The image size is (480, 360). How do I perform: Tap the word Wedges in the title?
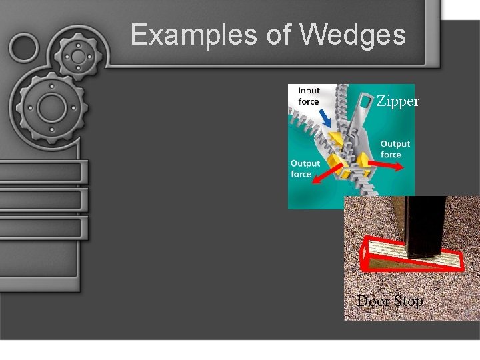[353, 35]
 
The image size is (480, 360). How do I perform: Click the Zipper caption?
[398, 102]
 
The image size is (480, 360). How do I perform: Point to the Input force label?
[308, 96]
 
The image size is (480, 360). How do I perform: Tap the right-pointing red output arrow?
[386, 166]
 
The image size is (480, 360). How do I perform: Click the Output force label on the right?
[395, 149]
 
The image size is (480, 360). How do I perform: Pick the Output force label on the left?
[305, 169]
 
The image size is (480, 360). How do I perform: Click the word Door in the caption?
[371, 301]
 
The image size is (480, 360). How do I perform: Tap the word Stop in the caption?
[407, 301]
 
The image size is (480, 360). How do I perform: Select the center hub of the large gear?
[50, 106]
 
